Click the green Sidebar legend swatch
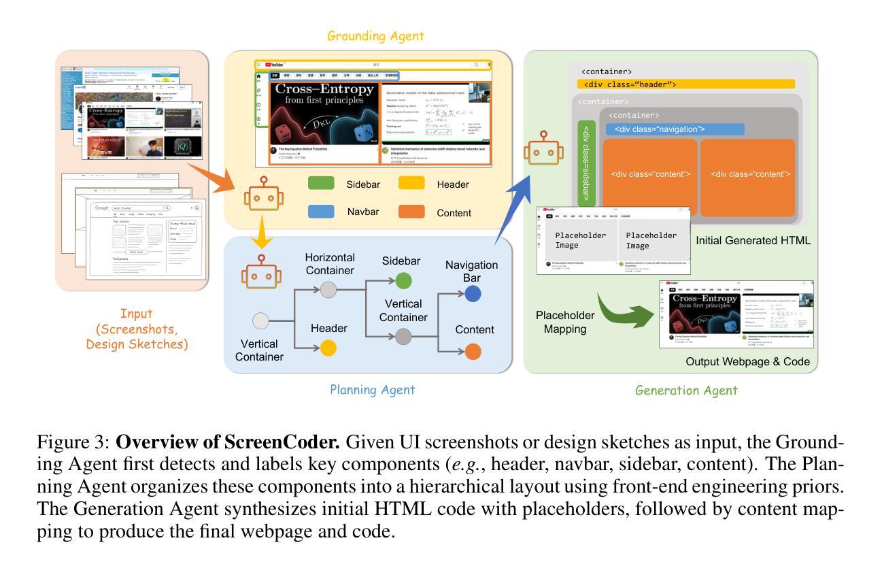[321, 183]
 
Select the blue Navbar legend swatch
[321, 212]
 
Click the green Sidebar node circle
[403, 280]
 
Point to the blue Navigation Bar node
[473, 294]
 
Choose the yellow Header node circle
[328, 349]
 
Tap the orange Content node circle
[473, 351]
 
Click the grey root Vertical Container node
[260, 321]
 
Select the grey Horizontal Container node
[328, 289]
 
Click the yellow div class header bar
[686, 84]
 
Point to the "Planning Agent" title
[372, 390]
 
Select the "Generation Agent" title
[685, 390]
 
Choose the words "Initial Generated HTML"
[753, 240]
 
